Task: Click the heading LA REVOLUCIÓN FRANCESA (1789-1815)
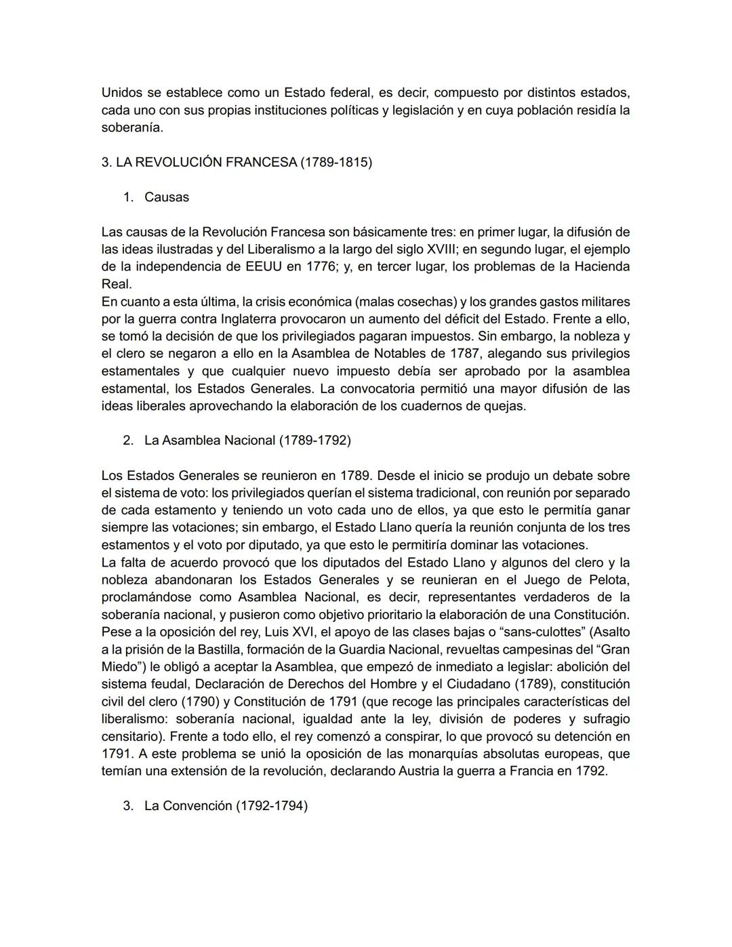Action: point(237,163)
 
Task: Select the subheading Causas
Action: point(167,197)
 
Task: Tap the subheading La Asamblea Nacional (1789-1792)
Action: point(247,441)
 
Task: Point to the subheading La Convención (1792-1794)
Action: point(226,806)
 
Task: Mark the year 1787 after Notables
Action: point(466,354)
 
